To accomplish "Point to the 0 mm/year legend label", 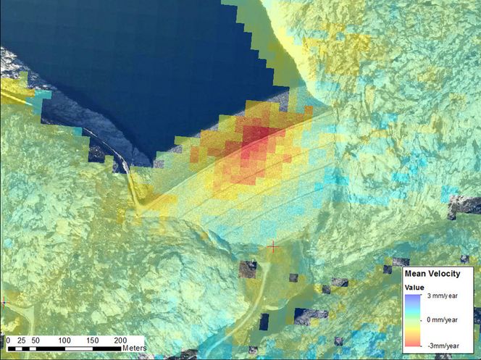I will (x=444, y=319).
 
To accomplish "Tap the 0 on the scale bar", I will (x=8, y=340).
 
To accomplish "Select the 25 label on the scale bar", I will (x=21, y=340).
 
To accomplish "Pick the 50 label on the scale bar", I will (x=35, y=340).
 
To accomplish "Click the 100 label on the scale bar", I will (x=64, y=340).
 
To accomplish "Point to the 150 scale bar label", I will (x=92, y=340).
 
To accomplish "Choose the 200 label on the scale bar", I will (x=120, y=340).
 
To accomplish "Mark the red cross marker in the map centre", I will (x=273, y=247).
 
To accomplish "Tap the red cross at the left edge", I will (x=3, y=301).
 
